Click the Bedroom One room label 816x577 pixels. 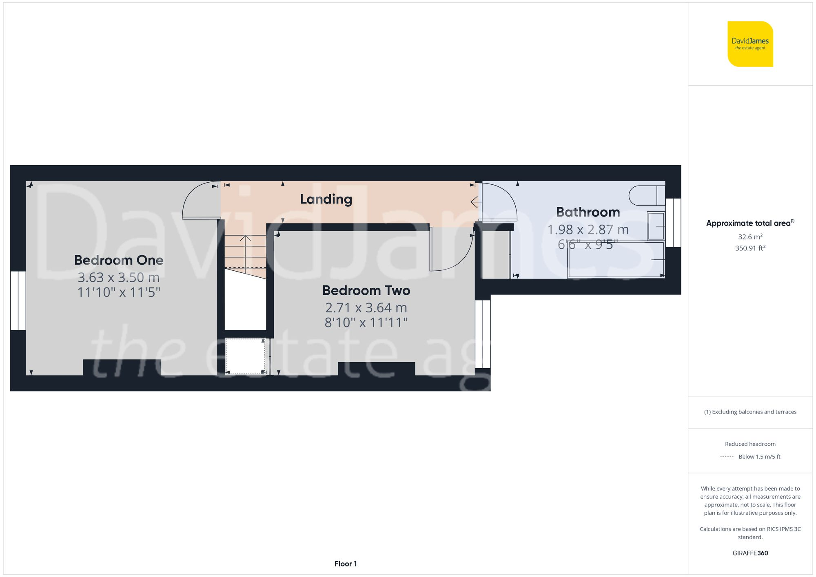tap(119, 260)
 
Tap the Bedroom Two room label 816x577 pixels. tap(366, 290)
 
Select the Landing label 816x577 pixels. tap(326, 199)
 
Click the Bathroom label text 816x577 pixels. tap(588, 212)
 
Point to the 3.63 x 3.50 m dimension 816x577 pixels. tap(119, 277)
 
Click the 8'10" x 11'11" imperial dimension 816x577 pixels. tap(366, 323)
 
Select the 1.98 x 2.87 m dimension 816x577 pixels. tap(588, 230)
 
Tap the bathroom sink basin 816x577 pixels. tap(656, 225)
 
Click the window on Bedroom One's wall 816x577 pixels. tap(18, 301)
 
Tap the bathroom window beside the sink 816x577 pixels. tap(673, 223)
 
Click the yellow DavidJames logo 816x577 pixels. tap(750, 44)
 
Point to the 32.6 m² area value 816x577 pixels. tap(750, 237)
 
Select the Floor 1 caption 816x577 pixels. tap(346, 564)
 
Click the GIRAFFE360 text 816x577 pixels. tap(750, 553)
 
